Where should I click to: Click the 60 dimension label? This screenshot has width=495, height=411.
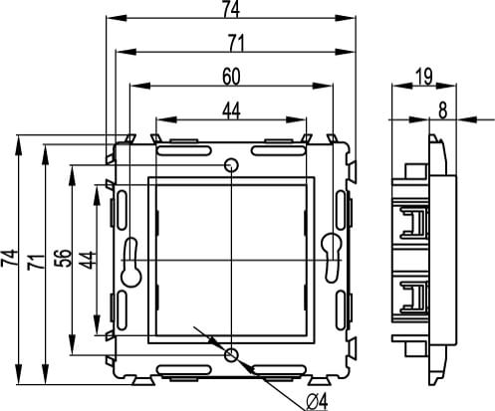[x=231, y=76]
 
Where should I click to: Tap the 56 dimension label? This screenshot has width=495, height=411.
[x=62, y=257]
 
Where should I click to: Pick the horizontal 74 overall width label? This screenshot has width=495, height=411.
[x=231, y=10]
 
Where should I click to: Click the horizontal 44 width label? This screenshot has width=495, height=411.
[x=231, y=111]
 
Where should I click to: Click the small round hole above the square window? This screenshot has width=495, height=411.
[x=231, y=164]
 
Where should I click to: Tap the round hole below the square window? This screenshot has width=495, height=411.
[x=231, y=354]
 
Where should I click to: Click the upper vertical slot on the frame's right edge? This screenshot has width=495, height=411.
[x=343, y=209]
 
